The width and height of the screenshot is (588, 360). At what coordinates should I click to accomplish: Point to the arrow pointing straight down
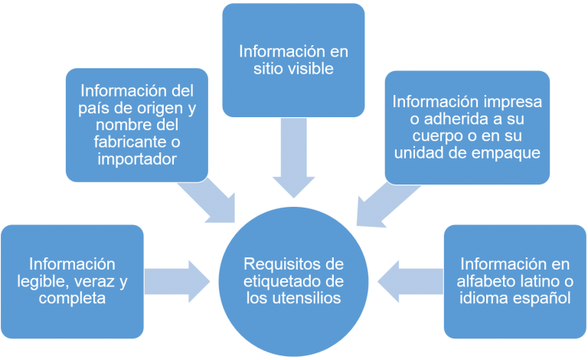[x=294, y=157]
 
